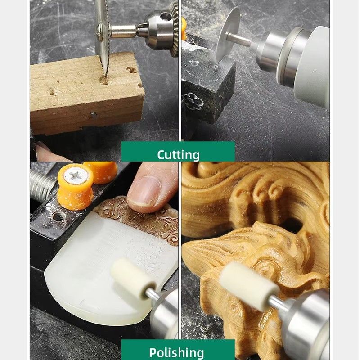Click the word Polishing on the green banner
tap(176, 353)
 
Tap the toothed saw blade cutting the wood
tap(102, 37)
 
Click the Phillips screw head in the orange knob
tap(76, 176)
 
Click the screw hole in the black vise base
tap(58, 217)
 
